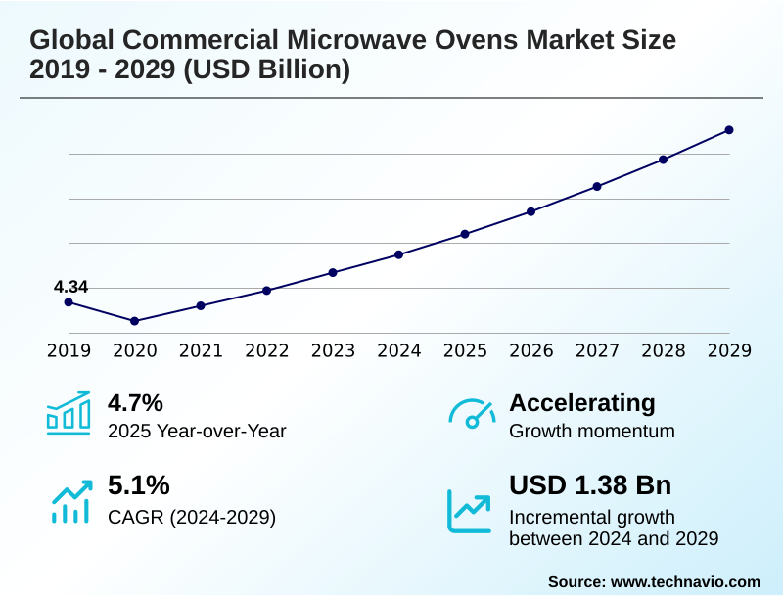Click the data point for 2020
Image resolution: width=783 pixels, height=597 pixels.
pos(135,321)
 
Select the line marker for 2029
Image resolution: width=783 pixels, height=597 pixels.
pos(729,130)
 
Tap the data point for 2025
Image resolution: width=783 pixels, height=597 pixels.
pos(465,234)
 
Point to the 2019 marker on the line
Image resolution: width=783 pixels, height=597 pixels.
pos(69,302)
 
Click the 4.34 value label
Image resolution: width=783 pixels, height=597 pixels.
pos(70,287)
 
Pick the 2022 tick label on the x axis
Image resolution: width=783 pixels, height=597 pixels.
pos(267,350)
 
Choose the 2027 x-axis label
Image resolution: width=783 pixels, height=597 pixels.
pos(597,350)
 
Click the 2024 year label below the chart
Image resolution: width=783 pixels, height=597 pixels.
pos(399,350)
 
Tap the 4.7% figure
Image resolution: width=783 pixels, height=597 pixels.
pos(135,402)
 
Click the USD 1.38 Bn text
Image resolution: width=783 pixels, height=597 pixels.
pos(590,485)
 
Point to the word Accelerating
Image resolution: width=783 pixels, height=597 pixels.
pos(582,402)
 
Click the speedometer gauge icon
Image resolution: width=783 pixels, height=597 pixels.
pos(472,413)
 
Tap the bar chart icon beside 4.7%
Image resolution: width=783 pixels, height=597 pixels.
pos(69,413)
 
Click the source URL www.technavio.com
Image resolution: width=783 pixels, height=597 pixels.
pos(685,581)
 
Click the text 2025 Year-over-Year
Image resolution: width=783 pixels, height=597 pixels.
pos(197,431)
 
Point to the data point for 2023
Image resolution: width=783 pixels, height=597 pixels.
pos(333,272)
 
